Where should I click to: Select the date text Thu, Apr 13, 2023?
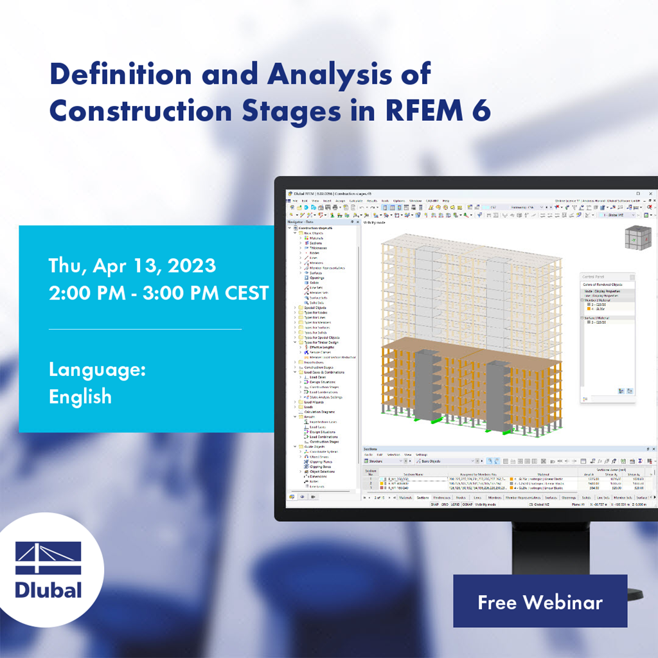click(132, 265)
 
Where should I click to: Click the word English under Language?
click(80, 396)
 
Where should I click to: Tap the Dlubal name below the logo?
click(48, 590)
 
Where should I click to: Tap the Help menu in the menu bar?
click(446, 201)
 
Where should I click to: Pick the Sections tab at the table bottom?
click(422, 497)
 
